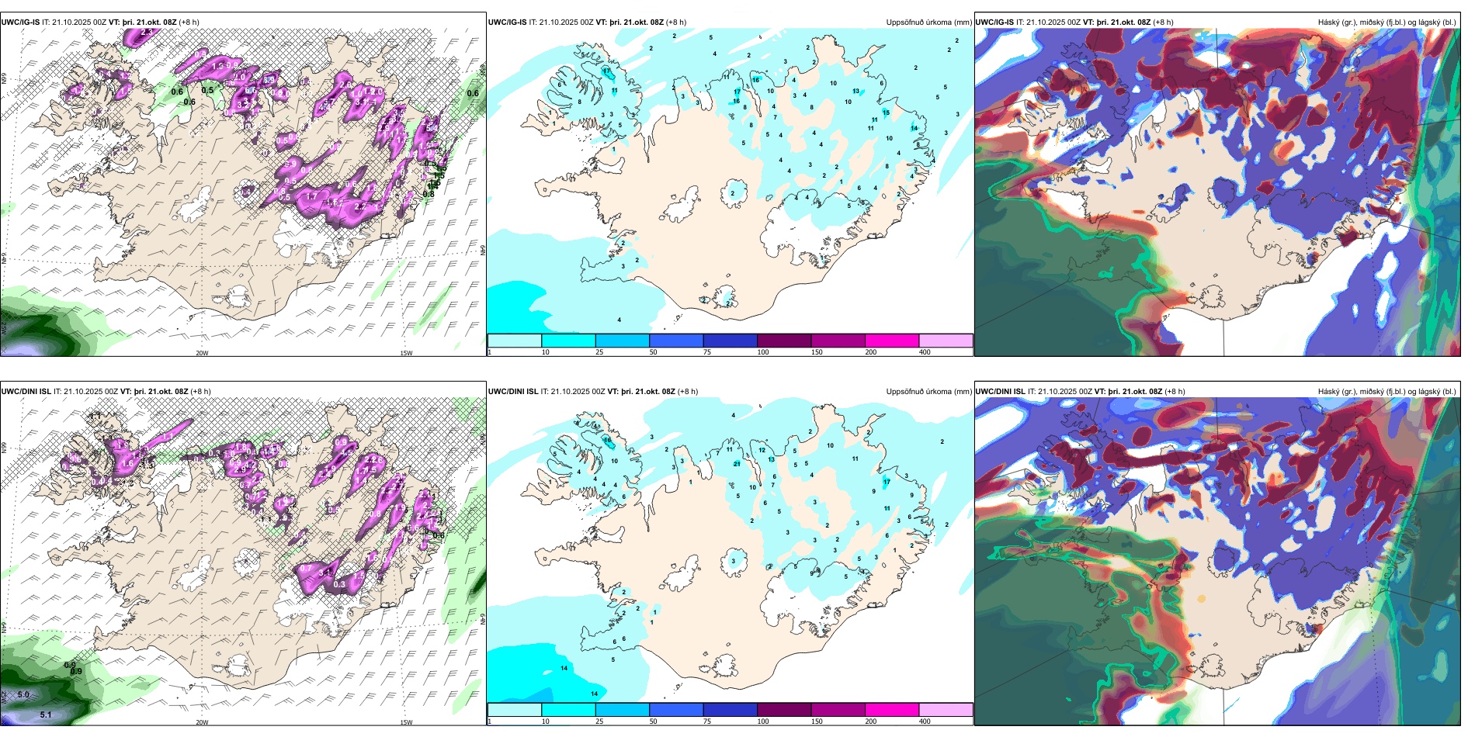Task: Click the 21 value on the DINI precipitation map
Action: click(737, 464)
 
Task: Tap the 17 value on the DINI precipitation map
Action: click(887, 482)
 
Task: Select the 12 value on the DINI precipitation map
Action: click(762, 450)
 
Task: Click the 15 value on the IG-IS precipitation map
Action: click(886, 112)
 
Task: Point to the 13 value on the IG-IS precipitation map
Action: click(856, 92)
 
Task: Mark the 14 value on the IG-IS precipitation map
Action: click(914, 128)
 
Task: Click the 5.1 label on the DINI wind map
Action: click(46, 715)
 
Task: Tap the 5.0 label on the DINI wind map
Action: click(23, 695)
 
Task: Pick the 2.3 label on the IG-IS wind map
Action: click(147, 33)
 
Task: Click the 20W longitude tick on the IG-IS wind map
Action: click(202, 353)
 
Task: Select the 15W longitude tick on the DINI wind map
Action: click(406, 722)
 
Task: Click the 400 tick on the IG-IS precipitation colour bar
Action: click(925, 352)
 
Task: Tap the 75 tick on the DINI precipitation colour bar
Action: click(707, 721)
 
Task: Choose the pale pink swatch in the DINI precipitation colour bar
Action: click(946, 710)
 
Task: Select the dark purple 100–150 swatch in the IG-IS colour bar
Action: click(784, 341)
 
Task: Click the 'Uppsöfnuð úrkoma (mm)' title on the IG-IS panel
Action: click(928, 22)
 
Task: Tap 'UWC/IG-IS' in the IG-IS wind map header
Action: click(20, 22)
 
